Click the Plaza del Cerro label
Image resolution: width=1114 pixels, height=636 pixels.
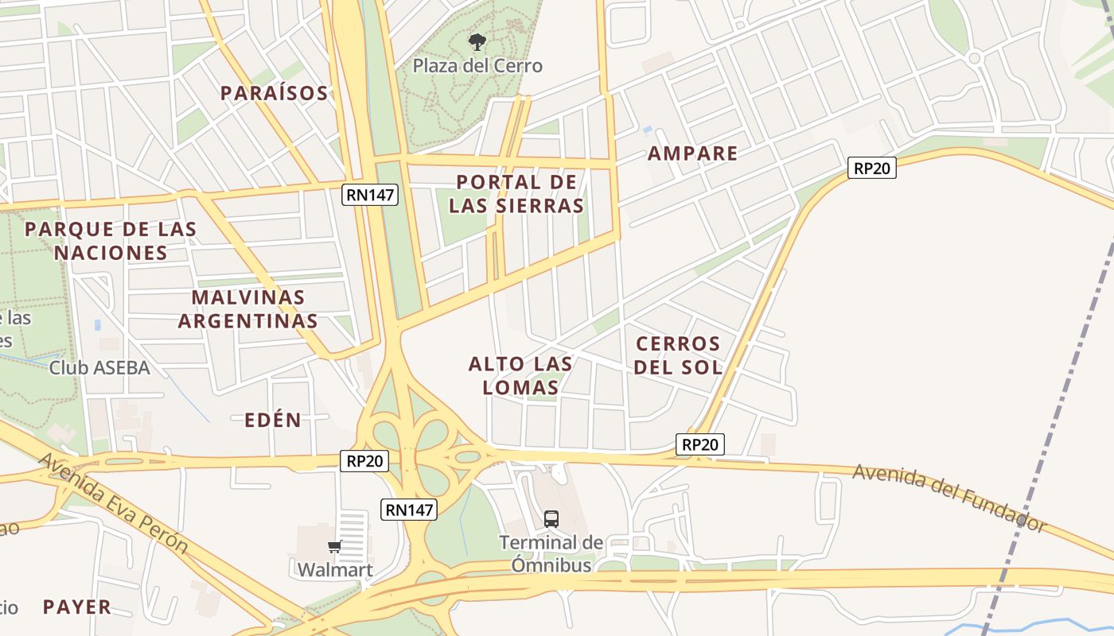click(x=477, y=65)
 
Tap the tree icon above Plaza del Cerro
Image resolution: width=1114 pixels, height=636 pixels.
click(x=477, y=42)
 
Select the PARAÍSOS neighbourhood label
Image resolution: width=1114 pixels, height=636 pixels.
click(x=274, y=93)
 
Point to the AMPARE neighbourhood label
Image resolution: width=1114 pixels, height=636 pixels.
click(x=692, y=153)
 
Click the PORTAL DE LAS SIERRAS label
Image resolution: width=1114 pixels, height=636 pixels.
click(x=516, y=194)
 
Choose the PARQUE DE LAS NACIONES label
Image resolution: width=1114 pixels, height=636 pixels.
click(x=111, y=241)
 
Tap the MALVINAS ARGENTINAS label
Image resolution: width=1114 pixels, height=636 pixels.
click(x=248, y=309)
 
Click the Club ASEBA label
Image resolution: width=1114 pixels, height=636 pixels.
click(x=99, y=367)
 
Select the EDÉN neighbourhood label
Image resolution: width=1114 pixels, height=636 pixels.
click(x=273, y=421)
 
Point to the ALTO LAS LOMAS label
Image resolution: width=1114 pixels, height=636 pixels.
click(x=520, y=375)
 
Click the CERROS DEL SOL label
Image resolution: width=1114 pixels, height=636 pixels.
click(x=679, y=355)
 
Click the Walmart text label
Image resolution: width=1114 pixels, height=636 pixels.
click(x=335, y=569)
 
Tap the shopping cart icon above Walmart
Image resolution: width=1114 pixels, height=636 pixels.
click(x=335, y=546)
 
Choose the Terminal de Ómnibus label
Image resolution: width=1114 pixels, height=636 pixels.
click(x=551, y=553)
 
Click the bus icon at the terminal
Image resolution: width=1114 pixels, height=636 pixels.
click(x=551, y=519)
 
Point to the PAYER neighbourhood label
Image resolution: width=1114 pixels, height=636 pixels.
click(x=77, y=607)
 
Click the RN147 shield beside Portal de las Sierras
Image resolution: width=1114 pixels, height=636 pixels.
click(x=370, y=195)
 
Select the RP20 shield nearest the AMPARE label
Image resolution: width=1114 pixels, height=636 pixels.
click(x=871, y=168)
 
